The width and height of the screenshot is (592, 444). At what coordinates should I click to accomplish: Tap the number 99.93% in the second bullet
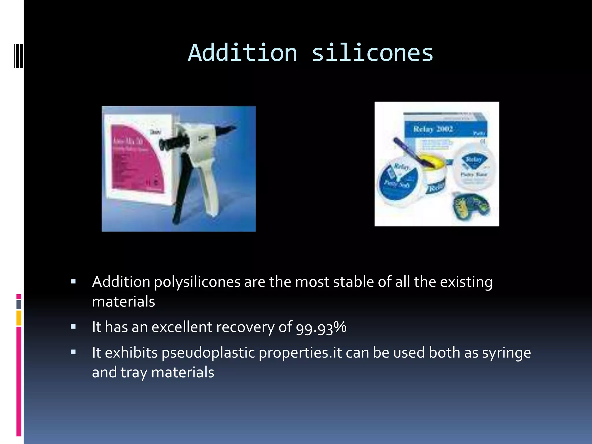(321, 328)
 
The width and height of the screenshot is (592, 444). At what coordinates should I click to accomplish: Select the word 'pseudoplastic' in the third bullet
(208, 353)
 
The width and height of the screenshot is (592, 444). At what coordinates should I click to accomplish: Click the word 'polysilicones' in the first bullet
(197, 282)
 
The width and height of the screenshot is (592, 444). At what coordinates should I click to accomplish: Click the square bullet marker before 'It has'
(73, 327)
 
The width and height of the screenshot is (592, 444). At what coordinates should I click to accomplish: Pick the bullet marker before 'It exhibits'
(73, 352)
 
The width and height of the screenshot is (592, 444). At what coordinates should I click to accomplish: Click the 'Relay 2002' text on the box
(433, 129)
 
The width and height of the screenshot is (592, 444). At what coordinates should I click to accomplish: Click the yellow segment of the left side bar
(19, 318)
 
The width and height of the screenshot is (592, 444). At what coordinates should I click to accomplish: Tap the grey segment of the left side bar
(19, 304)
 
